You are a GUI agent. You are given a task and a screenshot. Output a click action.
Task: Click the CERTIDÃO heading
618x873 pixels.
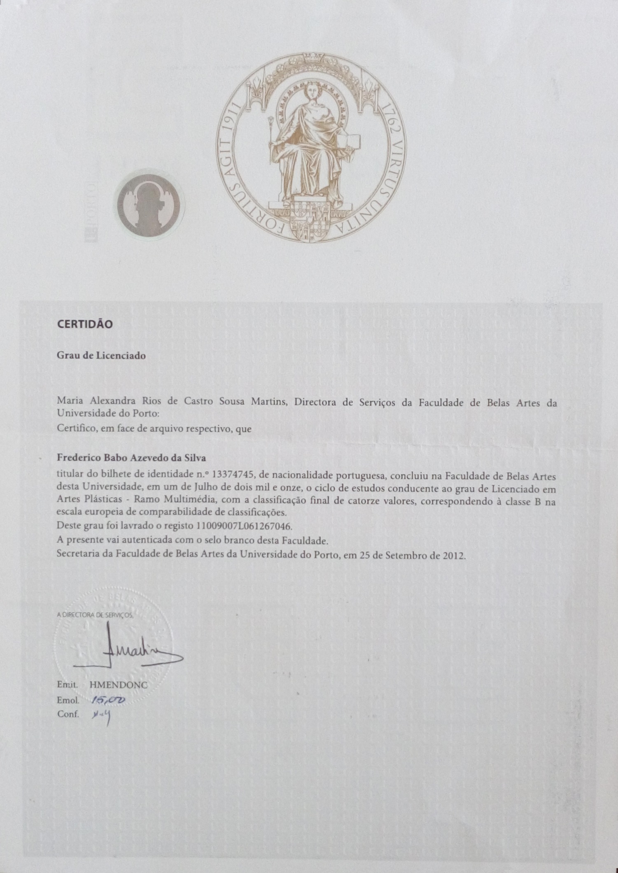(85, 324)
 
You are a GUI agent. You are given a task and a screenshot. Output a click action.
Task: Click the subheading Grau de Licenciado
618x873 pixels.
(101, 356)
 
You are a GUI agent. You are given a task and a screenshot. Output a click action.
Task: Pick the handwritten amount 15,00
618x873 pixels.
(109, 700)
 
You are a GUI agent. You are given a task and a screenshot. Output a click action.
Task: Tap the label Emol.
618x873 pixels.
(68, 700)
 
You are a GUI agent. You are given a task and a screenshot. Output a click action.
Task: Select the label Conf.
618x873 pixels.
(68, 714)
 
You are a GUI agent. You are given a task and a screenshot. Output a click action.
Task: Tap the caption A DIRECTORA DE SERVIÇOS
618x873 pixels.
(96, 615)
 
